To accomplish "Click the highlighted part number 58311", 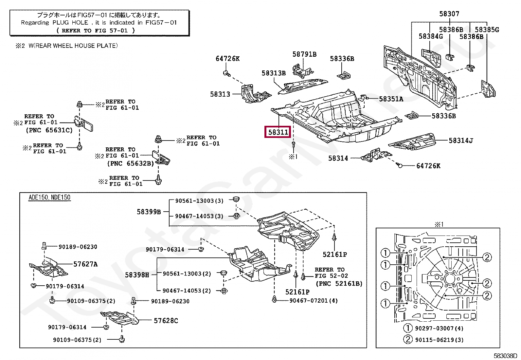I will [x=278, y=132].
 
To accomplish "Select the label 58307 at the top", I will [x=449, y=14].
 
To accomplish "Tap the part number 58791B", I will [x=304, y=54].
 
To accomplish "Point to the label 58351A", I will [x=391, y=99].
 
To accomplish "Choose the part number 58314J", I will [x=461, y=141].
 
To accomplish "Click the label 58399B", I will [x=149, y=212].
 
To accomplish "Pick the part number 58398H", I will [x=137, y=275].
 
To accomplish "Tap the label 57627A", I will [x=85, y=264].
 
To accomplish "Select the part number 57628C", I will [x=166, y=321].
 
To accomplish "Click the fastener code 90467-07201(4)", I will [x=314, y=300].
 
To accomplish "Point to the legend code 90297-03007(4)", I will [x=439, y=328].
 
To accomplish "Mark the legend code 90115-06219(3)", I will [x=439, y=340].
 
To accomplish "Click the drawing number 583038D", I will [x=505, y=356].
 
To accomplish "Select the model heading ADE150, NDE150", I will [x=49, y=198].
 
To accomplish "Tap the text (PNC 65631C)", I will [x=49, y=130].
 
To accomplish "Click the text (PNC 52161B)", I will [x=339, y=284].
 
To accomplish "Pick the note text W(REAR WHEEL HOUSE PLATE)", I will [x=73, y=46].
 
